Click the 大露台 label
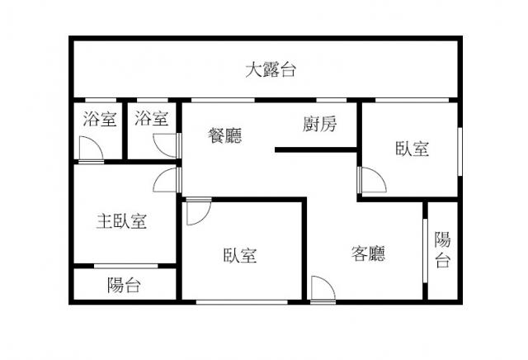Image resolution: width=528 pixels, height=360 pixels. (271, 70)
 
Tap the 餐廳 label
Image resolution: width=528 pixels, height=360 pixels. (225, 135)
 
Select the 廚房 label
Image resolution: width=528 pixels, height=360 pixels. (319, 124)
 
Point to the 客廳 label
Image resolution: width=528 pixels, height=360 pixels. (368, 253)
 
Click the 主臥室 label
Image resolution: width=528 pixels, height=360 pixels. (121, 221)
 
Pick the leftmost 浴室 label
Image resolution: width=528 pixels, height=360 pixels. (100, 119)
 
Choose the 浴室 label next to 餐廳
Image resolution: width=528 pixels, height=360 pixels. (152, 118)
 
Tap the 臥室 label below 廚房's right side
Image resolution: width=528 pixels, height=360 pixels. (412, 149)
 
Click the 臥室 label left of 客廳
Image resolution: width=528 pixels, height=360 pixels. (240, 255)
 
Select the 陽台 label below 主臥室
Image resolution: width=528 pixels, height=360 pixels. (124, 285)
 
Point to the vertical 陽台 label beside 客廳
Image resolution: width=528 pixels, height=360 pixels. (442, 249)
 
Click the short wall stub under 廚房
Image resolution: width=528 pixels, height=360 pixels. (316, 150)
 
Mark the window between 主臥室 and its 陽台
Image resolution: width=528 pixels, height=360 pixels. (126, 267)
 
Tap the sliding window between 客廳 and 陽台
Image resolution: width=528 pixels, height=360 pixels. (425, 251)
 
